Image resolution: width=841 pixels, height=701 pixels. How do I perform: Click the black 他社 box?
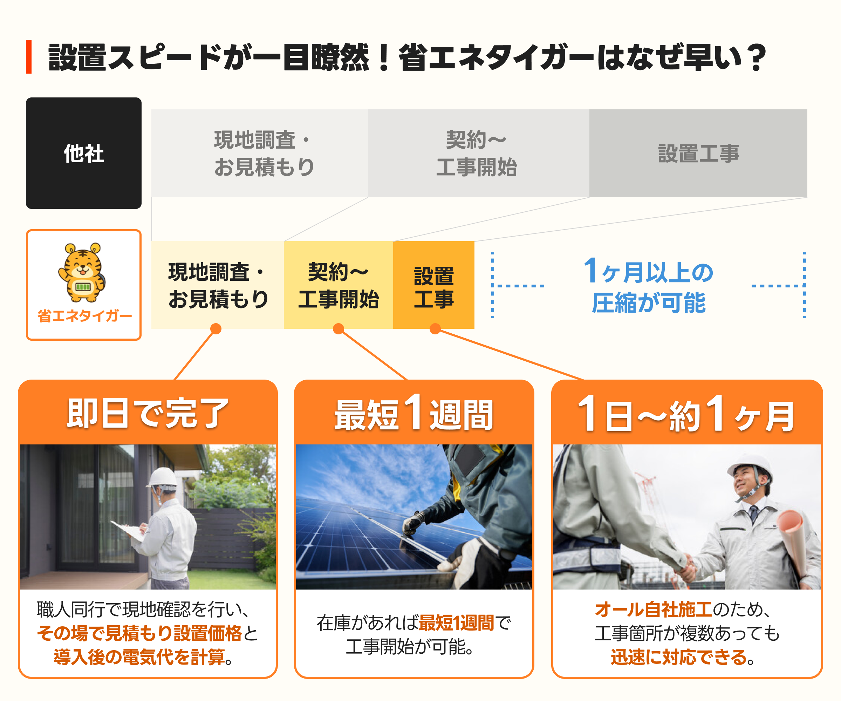click(84, 153)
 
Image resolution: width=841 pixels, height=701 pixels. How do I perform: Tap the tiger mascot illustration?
click(82, 272)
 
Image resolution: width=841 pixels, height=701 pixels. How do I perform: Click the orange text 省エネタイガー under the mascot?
click(84, 316)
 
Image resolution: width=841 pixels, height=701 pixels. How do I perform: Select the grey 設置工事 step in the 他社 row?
click(698, 153)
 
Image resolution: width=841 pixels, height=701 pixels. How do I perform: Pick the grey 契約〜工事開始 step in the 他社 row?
click(479, 153)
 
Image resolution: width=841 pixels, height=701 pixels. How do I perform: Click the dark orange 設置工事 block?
click(434, 285)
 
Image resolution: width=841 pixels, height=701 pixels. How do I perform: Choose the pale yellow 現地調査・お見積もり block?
click(218, 285)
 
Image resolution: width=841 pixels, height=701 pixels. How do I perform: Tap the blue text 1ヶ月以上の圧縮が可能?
click(649, 285)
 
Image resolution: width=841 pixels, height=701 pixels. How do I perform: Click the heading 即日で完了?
click(148, 413)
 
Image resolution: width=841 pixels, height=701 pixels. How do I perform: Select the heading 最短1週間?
click(414, 413)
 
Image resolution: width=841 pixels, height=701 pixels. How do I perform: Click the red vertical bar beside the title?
click(29, 56)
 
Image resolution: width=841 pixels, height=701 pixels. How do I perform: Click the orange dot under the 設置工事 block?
click(435, 329)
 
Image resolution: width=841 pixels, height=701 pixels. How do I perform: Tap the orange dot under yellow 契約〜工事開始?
click(339, 329)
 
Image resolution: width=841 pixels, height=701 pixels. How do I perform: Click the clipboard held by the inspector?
click(128, 532)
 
